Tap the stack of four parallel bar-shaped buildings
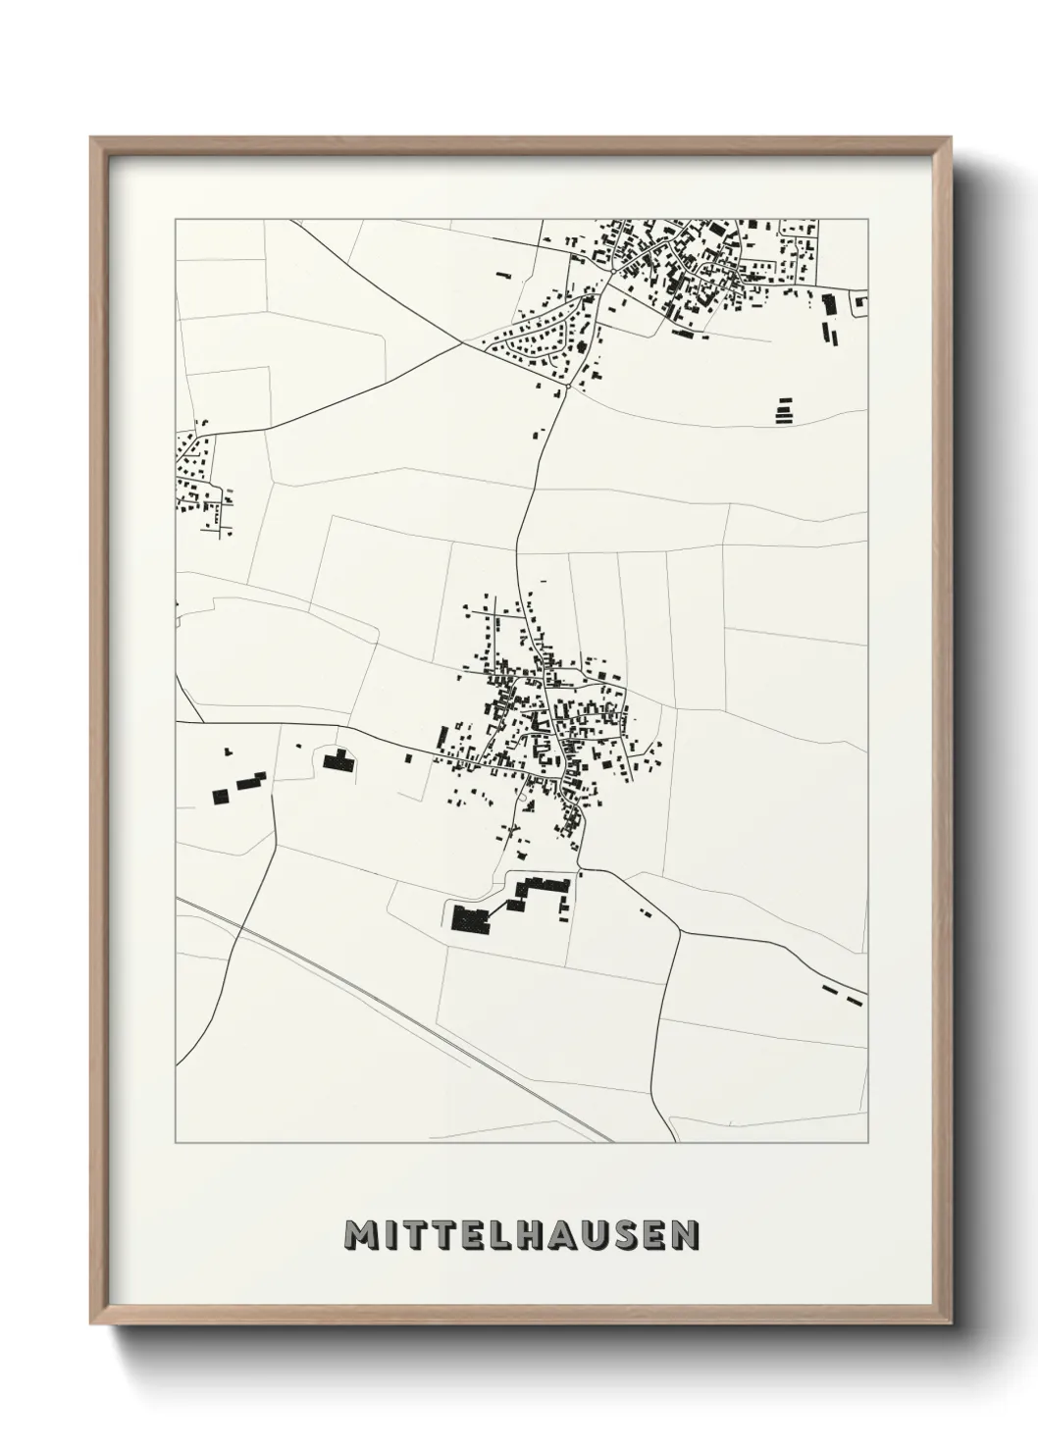(783, 410)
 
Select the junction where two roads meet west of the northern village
(463, 343)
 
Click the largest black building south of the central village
(471, 919)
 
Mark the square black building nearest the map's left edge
(222, 796)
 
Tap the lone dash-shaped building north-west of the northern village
(503, 276)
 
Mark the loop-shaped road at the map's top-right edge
(859, 304)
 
